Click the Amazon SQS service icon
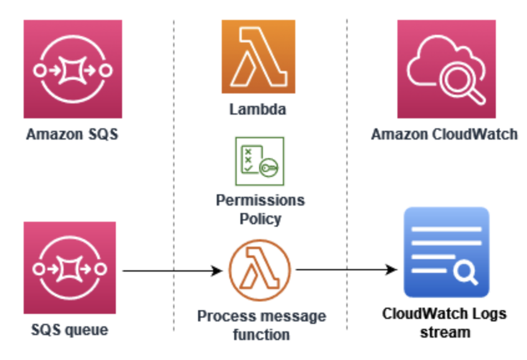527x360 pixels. (73, 69)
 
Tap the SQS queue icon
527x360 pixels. (69, 268)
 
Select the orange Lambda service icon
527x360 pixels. (259, 57)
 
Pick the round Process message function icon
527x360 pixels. (259, 270)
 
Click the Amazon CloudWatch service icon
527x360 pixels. (446, 69)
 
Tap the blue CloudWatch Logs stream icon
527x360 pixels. (446, 252)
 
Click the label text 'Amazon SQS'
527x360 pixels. (72, 134)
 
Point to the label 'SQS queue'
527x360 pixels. (69, 329)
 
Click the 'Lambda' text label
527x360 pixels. (258, 110)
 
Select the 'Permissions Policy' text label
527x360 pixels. (260, 209)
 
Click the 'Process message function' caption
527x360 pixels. (261, 325)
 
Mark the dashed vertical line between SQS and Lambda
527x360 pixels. (174, 174)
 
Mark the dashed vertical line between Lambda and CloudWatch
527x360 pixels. (347, 174)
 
